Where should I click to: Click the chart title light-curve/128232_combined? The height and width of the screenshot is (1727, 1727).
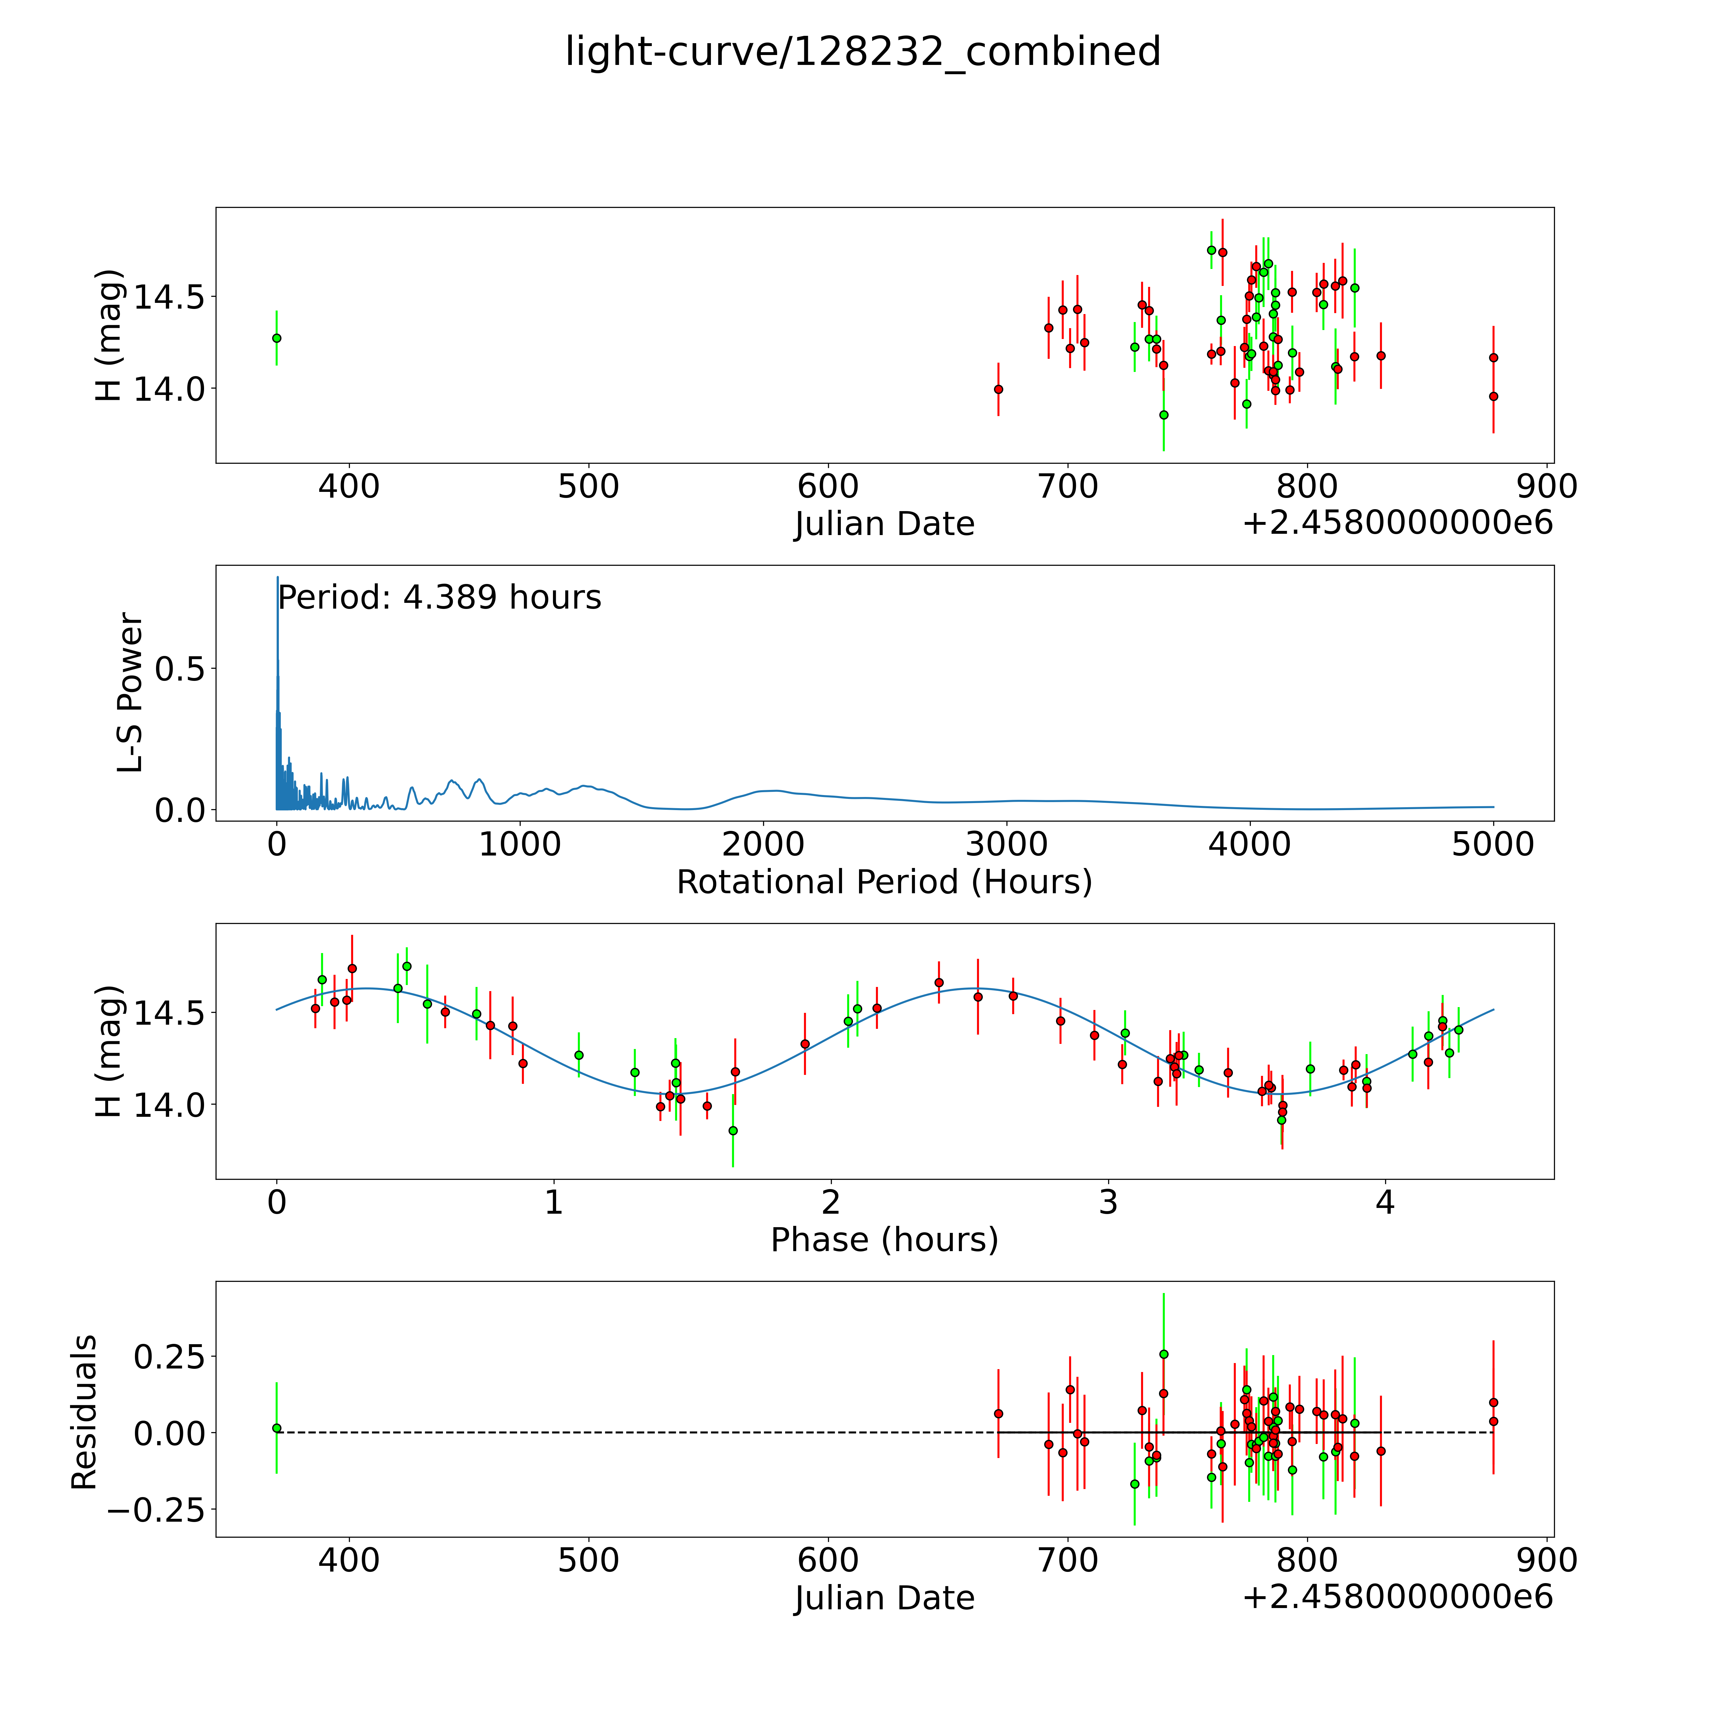click(x=863, y=52)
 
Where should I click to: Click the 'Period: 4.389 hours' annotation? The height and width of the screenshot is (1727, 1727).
click(x=439, y=597)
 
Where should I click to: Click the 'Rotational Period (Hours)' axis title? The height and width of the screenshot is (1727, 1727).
click(x=884, y=882)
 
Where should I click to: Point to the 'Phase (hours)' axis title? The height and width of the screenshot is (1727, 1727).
click(x=884, y=1240)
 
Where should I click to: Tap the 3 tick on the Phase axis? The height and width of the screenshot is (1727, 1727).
click(x=1108, y=1202)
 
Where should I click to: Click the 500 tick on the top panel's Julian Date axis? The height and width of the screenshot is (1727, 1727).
click(x=588, y=487)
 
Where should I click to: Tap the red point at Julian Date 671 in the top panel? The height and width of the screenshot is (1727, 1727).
click(x=998, y=389)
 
